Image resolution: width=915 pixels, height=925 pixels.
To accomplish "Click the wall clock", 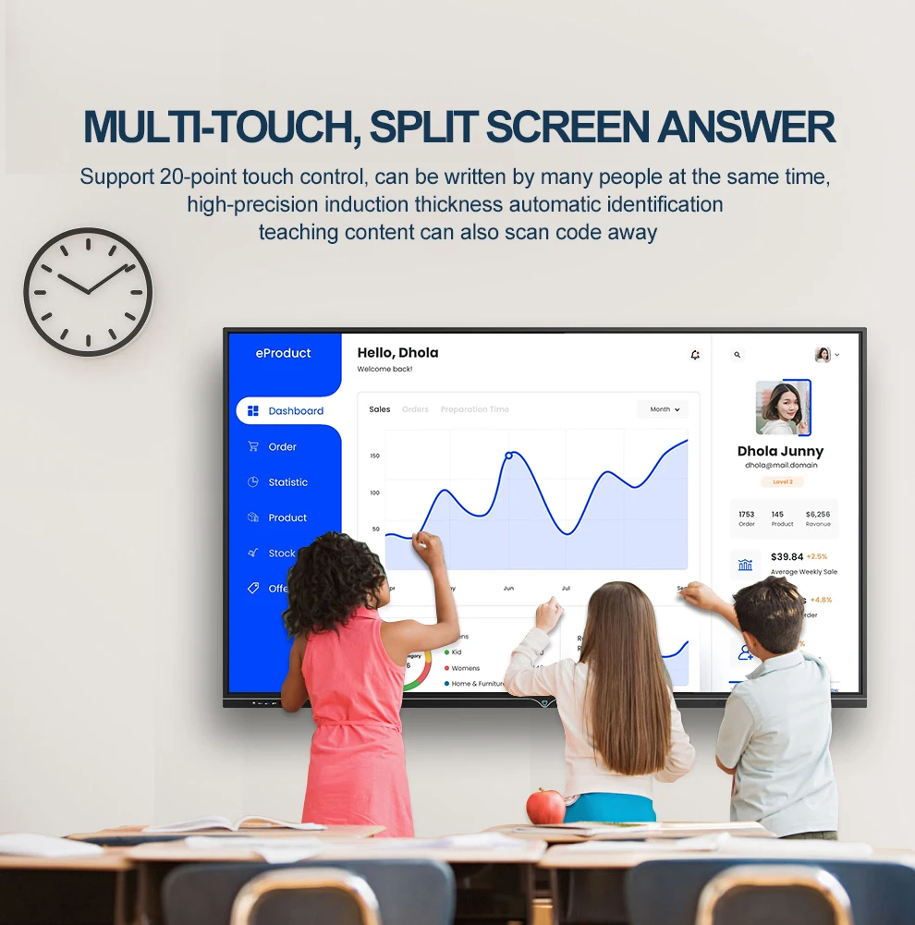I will (x=88, y=292).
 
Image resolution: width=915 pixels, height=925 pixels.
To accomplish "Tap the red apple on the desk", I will (x=545, y=806).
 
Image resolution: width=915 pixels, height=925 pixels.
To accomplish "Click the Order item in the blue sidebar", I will (x=282, y=447).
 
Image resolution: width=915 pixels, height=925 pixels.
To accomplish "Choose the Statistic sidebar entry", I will (x=287, y=482).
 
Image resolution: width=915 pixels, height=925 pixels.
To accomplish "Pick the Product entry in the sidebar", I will (x=287, y=518).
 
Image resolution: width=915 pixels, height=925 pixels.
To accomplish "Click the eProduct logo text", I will (x=283, y=353).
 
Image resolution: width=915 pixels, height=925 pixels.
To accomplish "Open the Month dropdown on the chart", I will (x=665, y=409).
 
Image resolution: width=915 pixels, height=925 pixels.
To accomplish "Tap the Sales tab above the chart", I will (x=379, y=409).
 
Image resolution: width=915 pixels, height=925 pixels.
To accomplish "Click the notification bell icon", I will (x=695, y=355).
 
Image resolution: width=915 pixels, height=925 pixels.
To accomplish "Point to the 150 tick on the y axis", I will (x=374, y=456).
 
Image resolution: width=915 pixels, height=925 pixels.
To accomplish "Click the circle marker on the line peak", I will (x=508, y=456).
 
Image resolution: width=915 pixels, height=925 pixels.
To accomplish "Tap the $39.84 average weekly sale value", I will (x=787, y=557).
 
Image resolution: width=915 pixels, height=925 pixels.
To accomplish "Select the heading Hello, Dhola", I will (x=397, y=353).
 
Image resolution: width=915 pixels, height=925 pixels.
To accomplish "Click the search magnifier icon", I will (x=737, y=355).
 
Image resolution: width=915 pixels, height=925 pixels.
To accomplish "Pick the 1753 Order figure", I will (x=746, y=515).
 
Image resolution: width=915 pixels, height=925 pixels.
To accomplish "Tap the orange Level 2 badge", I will (x=782, y=481).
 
